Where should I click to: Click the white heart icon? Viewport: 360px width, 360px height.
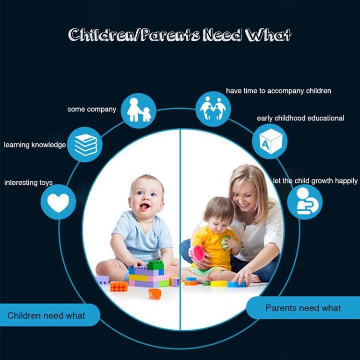[x=58, y=202]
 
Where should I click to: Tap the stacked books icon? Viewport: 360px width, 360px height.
[x=85, y=145]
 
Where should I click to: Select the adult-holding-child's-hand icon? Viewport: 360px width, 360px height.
[x=139, y=110]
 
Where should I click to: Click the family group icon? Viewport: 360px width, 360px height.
[x=213, y=108]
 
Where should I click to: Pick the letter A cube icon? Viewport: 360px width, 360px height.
[x=270, y=141]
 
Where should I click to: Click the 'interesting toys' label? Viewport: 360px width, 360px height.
[x=28, y=183]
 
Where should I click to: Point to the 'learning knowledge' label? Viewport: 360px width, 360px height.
[x=35, y=145]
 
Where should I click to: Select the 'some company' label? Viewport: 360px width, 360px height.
[x=92, y=109]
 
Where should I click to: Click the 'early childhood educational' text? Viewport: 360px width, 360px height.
[x=300, y=118]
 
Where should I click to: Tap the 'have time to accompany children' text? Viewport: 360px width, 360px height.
[x=278, y=91]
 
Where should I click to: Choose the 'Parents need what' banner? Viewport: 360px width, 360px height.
[x=303, y=308]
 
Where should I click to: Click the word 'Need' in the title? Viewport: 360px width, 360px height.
[x=222, y=35]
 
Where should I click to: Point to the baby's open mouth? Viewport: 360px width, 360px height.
[x=144, y=206]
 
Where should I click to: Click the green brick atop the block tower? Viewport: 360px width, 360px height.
[x=156, y=265]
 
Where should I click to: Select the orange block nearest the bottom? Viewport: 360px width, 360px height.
[x=155, y=294]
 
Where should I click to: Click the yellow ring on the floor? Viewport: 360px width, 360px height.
[x=219, y=284]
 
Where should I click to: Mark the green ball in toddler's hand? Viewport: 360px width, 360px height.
[x=225, y=243]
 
